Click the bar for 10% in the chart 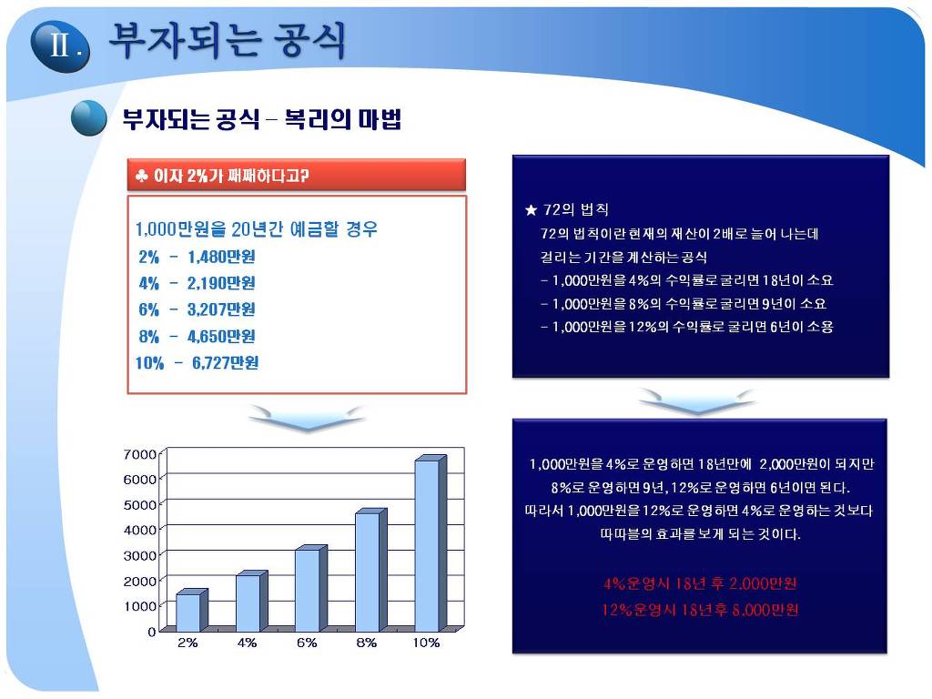click(431, 543)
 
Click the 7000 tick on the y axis click(139, 454)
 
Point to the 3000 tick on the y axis click(139, 555)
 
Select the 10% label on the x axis click(426, 643)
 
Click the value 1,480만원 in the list click(221, 257)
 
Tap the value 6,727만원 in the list click(226, 362)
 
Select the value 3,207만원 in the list click(221, 309)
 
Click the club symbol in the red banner click(141, 176)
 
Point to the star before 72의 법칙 click(531, 210)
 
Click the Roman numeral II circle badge click(60, 46)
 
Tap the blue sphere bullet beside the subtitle click(89, 118)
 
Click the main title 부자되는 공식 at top click(227, 40)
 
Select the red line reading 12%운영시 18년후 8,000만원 click(700, 610)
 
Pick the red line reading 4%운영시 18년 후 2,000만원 click(700, 583)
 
